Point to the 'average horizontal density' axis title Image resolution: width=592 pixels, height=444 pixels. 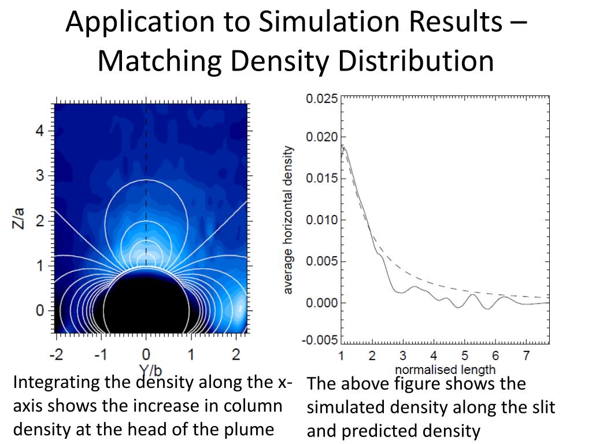[288, 220]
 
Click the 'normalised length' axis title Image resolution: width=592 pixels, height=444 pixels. [445, 369]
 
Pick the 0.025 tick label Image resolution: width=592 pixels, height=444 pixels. [321, 99]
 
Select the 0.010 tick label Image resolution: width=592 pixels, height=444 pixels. [321, 220]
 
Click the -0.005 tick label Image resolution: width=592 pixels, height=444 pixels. [320, 340]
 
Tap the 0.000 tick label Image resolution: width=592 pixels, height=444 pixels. [321, 303]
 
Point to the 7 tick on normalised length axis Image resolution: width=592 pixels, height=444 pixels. [526, 356]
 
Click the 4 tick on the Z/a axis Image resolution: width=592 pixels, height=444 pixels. [40, 131]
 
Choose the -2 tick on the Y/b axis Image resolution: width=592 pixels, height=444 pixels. [55, 354]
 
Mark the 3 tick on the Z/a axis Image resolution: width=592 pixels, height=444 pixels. [40, 176]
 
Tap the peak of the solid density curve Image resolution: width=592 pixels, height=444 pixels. [344, 147]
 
